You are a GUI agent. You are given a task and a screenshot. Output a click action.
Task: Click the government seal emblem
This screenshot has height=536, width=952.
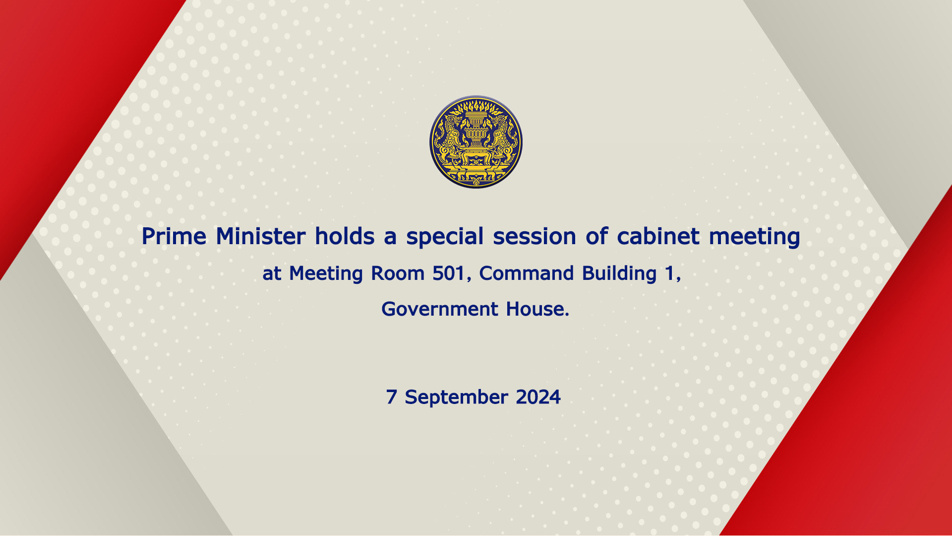(476, 142)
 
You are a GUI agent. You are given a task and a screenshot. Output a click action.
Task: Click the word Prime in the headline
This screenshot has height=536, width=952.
(174, 237)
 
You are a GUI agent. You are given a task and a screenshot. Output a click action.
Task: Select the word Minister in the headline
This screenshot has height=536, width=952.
(261, 236)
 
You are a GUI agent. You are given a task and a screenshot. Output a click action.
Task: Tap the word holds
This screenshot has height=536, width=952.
(345, 236)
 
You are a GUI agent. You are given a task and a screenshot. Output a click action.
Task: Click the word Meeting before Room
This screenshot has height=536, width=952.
(326, 274)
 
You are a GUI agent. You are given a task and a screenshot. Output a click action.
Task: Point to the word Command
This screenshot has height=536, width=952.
(527, 273)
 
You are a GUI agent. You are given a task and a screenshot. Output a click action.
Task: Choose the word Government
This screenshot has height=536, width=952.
(439, 309)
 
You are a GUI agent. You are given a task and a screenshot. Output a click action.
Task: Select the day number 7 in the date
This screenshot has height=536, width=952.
(392, 397)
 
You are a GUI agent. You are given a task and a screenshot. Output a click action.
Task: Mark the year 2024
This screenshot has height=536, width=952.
(538, 397)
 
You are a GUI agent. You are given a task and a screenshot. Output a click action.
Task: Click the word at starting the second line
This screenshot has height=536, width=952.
(272, 274)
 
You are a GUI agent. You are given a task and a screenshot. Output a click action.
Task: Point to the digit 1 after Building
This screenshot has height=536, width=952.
(669, 273)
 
